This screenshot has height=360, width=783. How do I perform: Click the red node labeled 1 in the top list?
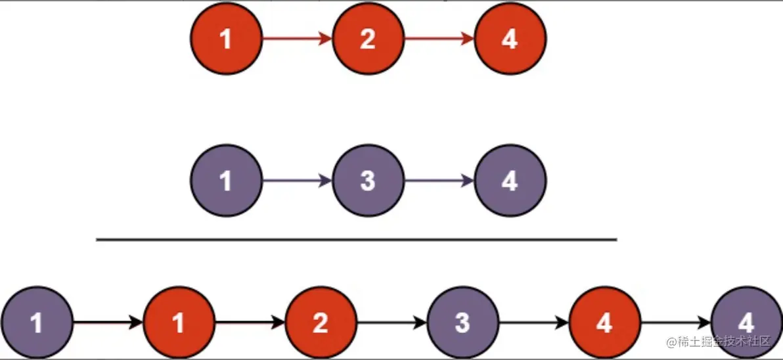[226, 39]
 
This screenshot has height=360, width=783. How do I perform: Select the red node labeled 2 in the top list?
[368, 39]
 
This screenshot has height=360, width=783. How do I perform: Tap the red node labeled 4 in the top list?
[510, 39]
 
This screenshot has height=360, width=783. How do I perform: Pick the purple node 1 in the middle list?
[226, 181]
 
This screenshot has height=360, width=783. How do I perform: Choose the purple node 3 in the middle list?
[368, 181]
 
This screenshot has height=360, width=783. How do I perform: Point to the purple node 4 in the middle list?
[510, 181]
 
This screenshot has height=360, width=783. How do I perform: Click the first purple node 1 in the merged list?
[37, 323]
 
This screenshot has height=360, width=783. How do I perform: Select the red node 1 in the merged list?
[179, 323]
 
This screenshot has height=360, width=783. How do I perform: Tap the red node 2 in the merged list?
[321, 323]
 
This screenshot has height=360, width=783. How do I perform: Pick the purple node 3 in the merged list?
[462, 323]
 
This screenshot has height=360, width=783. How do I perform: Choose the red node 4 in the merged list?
[604, 323]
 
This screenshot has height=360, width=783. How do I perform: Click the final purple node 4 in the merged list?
[746, 323]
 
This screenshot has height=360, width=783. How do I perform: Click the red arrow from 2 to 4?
[439, 39]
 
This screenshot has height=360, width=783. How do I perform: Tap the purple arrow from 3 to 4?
[439, 181]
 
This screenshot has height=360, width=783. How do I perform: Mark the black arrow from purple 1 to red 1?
[108, 323]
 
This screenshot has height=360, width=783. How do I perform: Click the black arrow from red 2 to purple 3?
[391, 323]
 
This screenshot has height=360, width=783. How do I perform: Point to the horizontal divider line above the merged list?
[356, 240]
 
